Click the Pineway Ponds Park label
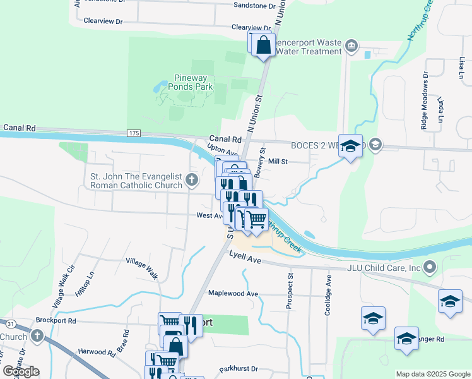pos(194,82)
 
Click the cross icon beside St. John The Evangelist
pos(192,181)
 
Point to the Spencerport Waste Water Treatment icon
pos(352,46)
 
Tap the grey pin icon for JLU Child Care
pos(430,267)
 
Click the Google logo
pos(21,371)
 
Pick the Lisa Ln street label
pos(463,64)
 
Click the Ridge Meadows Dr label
pos(425,100)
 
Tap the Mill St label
pos(278,162)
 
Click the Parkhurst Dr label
pos(239,368)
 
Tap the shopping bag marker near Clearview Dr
pos(263,46)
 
